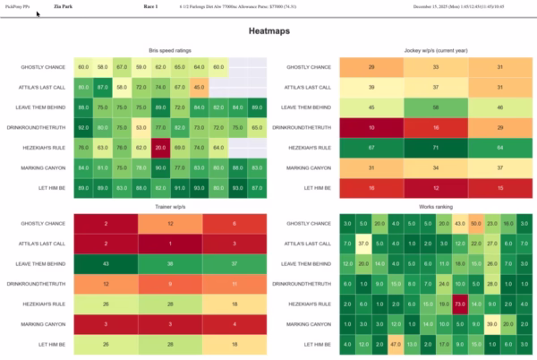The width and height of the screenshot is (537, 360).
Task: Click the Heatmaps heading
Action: tap(268, 31)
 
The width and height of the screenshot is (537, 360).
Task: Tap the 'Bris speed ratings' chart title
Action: tap(170, 51)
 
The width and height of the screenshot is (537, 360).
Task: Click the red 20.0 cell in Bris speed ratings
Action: tap(160, 147)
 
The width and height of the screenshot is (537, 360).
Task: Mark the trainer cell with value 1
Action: tap(170, 243)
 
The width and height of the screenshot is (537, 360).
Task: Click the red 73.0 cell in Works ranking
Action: tap(459, 303)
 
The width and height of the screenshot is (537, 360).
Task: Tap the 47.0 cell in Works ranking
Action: tap(394, 343)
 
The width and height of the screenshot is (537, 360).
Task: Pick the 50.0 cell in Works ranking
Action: tap(459, 222)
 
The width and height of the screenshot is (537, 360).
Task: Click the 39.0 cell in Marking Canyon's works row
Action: tap(491, 322)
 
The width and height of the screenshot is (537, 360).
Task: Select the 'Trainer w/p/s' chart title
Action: tap(170, 207)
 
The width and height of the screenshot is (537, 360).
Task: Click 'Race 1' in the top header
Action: tap(150, 6)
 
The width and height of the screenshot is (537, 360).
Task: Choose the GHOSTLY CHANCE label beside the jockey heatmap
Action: tap(309, 67)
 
